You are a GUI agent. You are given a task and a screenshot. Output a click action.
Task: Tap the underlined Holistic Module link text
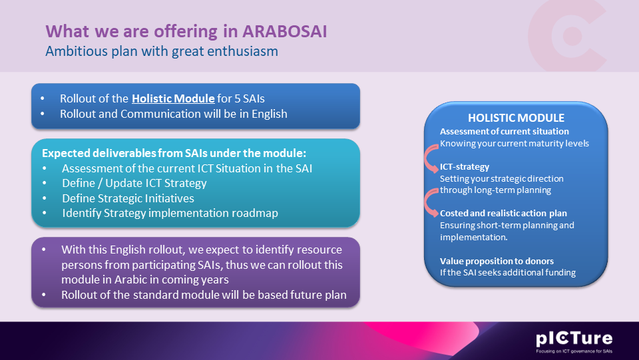coord(173,98)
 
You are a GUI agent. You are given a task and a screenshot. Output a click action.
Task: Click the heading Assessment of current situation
coord(504,131)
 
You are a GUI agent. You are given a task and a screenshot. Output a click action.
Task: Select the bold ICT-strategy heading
coord(464,167)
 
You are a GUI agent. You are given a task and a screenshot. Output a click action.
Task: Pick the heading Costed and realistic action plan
coord(503,214)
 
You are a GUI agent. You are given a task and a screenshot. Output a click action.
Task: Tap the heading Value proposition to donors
coord(497,260)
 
